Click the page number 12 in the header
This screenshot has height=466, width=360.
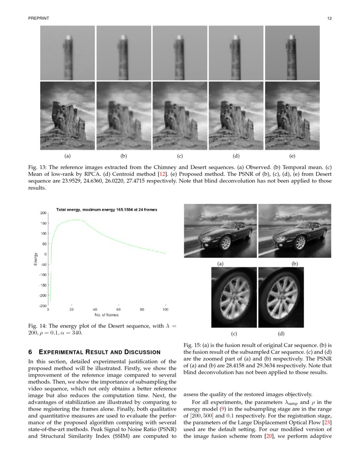coord(329,19)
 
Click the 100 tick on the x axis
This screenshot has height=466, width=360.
coord(165,310)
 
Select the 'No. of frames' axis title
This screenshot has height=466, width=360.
coord(106,315)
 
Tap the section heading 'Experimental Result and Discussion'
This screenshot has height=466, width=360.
coord(100,352)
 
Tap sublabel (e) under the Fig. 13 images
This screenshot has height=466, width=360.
coord(292,157)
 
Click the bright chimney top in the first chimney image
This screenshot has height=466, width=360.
coord(68,38)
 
